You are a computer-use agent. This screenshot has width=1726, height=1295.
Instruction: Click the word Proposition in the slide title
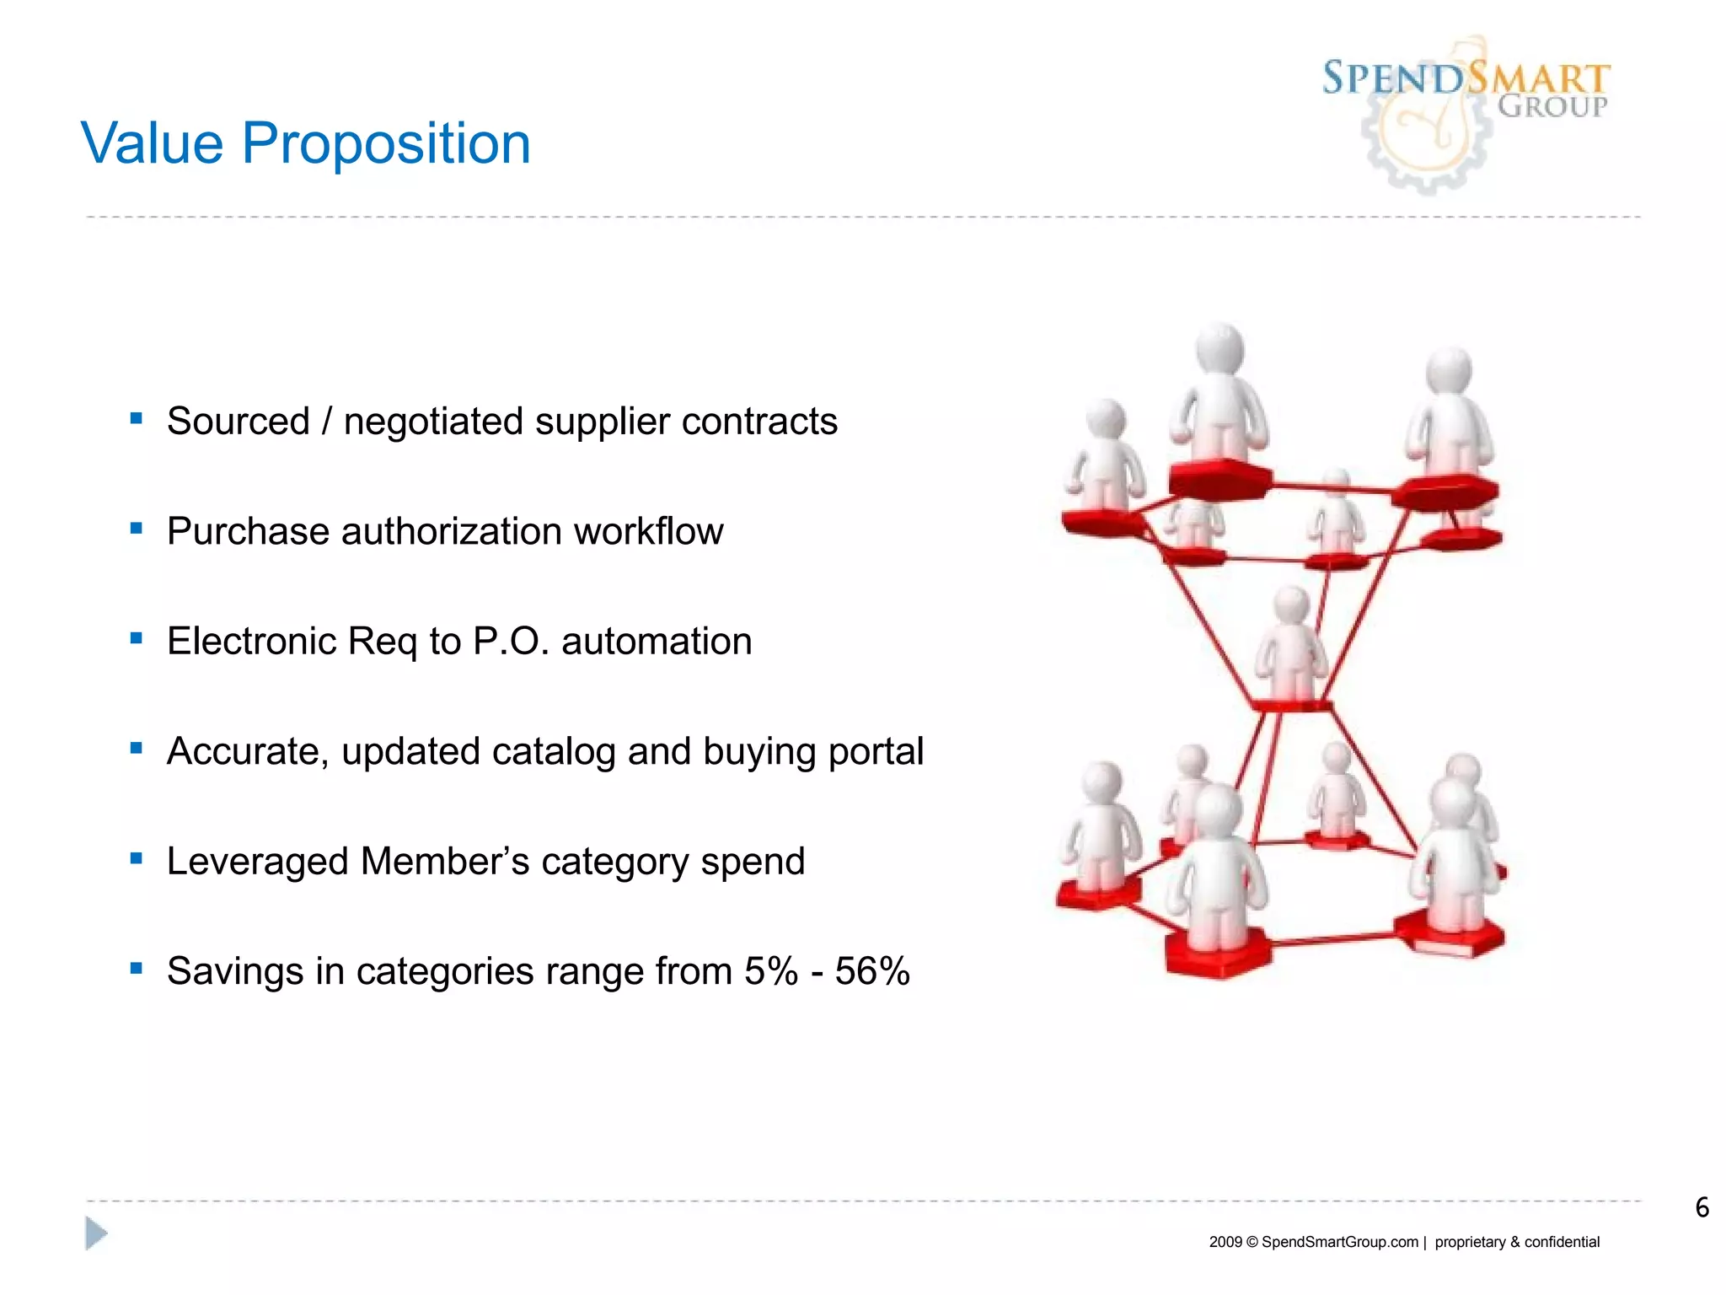coord(386,143)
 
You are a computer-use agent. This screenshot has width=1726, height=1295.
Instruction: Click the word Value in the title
coord(152,143)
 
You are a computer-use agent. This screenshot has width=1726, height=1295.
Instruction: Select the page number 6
coord(1702,1207)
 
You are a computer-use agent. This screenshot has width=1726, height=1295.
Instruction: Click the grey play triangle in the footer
coord(96,1233)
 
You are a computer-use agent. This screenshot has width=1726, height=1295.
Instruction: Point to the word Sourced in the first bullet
coord(239,421)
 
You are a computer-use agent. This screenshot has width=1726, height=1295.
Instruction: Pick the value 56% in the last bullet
coord(872,971)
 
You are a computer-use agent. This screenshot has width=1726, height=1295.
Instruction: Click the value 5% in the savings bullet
coord(771,971)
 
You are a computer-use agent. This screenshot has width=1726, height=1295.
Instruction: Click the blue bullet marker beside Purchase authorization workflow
coord(137,529)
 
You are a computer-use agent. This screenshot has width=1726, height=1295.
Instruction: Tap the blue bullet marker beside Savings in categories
coord(137,969)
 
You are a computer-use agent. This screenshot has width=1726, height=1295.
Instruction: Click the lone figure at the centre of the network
coord(1290,645)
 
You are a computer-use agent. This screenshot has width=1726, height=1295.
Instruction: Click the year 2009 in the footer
coord(1225,1242)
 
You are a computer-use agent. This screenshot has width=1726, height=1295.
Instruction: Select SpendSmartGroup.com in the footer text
coord(1340,1242)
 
